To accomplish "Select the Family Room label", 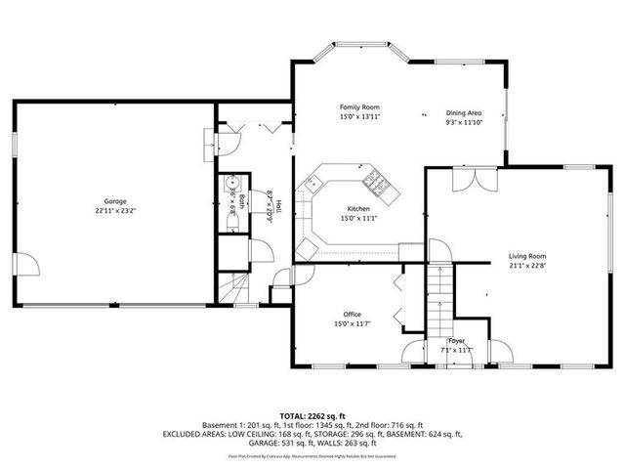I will (359, 107).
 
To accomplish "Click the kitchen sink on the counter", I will (315, 182).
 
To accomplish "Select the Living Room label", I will (527, 255).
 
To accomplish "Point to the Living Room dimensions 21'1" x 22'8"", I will (527, 266).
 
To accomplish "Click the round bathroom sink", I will (233, 182).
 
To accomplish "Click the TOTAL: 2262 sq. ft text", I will (312, 415).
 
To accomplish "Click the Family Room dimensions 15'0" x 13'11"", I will (359, 117).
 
